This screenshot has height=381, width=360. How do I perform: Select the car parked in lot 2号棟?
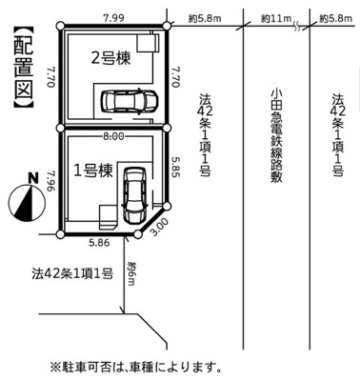124,100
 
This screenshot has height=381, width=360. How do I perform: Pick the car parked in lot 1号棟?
131,191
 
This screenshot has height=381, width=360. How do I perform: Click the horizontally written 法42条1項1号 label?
70,274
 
